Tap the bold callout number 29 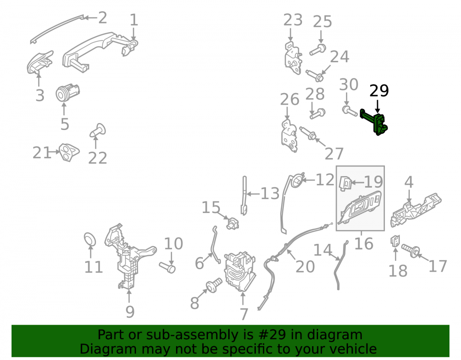(x=379, y=91)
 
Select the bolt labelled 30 (x=349, y=111)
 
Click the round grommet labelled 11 (x=90, y=239)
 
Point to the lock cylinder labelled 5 (x=68, y=92)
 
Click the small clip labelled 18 (x=395, y=241)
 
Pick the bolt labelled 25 (x=318, y=50)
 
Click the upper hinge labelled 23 (x=293, y=58)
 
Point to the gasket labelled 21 (x=69, y=152)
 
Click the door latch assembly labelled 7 (x=240, y=271)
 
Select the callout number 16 (x=364, y=244)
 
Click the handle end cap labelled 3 (x=39, y=63)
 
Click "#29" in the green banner (x=262, y=335)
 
